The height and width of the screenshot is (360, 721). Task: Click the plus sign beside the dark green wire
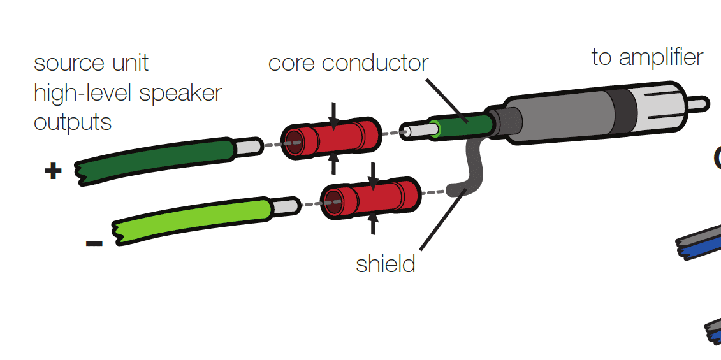point(53,171)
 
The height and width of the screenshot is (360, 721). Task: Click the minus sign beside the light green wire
point(94,243)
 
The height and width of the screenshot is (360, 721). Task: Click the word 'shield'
point(386,264)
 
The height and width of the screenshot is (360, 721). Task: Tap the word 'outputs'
point(73,122)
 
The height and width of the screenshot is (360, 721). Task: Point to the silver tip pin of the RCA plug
point(699,103)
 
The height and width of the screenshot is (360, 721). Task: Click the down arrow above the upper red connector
point(333,114)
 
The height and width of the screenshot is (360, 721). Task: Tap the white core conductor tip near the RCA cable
point(414,131)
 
